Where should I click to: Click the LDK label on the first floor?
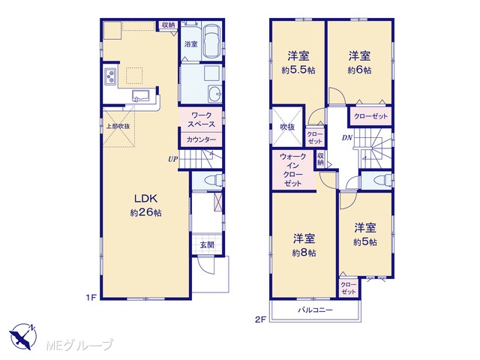[146, 199]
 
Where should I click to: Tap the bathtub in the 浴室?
[211, 41]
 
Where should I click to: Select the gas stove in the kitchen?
[110, 76]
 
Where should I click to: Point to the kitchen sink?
[140, 95]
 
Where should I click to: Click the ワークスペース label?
[201, 120]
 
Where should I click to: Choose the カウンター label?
[201, 140]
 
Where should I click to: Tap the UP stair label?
[172, 159]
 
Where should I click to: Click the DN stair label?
[347, 138]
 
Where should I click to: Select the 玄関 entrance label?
[207, 245]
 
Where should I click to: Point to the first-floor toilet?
[213, 180]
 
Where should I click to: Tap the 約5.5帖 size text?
[298, 70]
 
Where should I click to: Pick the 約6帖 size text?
[359, 70]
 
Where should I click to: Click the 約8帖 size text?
[304, 253]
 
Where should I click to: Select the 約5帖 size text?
[365, 242]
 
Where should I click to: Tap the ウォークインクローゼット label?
[293, 170]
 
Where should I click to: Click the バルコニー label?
[315, 310]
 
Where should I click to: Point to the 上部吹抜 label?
[118, 126]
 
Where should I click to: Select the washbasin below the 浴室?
[215, 93]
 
